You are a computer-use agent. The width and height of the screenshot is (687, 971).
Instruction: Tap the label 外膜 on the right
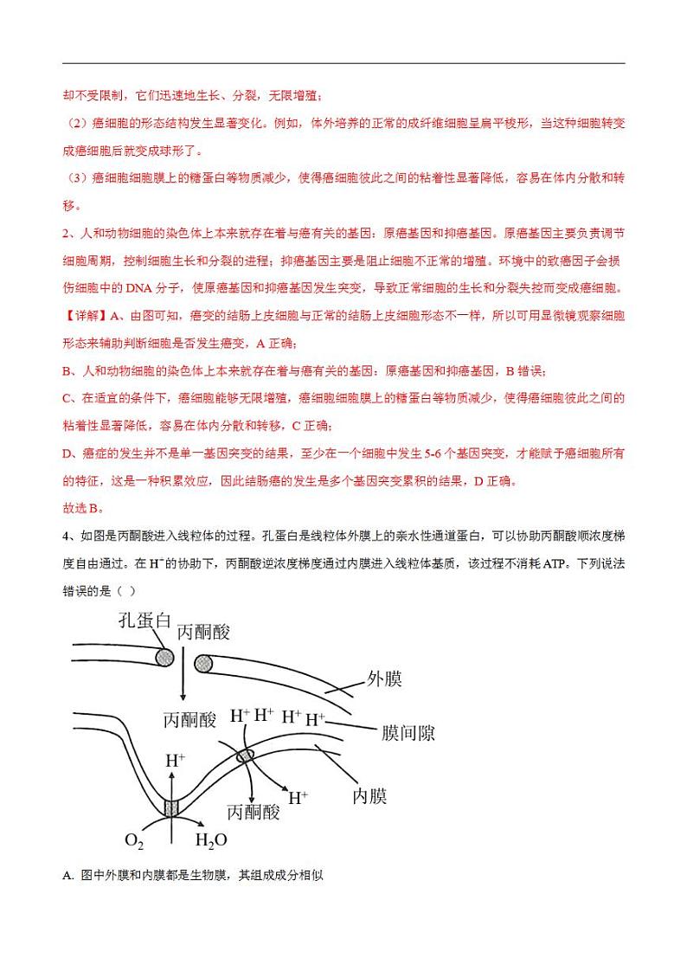[x=384, y=678]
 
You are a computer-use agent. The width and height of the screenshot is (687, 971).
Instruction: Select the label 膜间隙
[x=408, y=733]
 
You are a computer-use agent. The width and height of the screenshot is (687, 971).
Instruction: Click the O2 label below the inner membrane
[x=133, y=840]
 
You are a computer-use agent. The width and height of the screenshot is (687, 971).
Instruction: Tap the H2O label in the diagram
[x=211, y=840]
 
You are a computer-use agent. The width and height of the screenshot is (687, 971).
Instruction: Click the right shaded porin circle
[x=203, y=664]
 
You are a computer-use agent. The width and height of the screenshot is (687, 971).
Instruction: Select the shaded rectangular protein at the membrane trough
[x=171, y=808]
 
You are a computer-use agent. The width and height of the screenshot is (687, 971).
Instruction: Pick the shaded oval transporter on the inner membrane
[x=247, y=756]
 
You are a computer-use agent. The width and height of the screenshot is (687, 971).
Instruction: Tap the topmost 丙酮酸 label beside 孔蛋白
[x=204, y=633]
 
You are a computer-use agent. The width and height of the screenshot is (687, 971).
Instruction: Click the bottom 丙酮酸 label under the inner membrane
[x=254, y=812]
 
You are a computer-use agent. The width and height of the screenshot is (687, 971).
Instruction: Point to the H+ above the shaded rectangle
[x=175, y=761]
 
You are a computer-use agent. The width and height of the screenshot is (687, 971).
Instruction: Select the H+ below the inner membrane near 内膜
[x=299, y=797]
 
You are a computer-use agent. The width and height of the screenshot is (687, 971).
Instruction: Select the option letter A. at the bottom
[x=69, y=875]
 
